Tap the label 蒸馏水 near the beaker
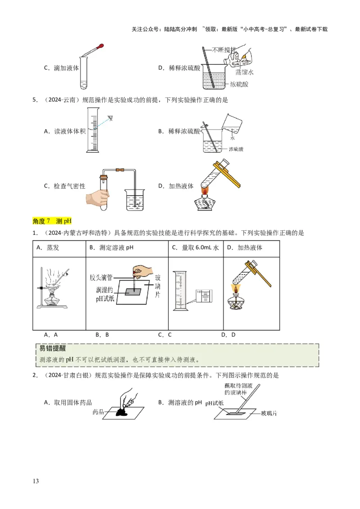click(x=245, y=72)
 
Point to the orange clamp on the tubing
click(x=120, y=171)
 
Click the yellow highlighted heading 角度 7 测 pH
click(x=52, y=221)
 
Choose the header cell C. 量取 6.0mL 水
click(x=195, y=248)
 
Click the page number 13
click(x=36, y=481)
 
